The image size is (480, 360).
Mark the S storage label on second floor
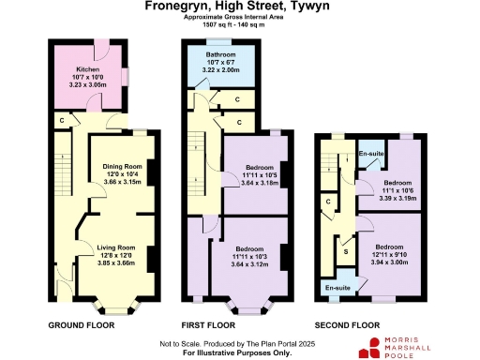click(346, 250)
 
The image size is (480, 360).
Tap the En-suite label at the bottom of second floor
click(335, 289)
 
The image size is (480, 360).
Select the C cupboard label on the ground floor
click(61, 120)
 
